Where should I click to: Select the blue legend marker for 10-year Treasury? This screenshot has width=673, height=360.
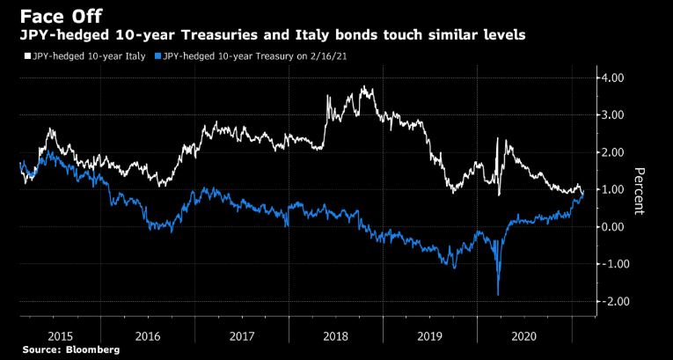(157, 57)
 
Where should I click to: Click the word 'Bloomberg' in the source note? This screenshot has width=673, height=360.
(91, 349)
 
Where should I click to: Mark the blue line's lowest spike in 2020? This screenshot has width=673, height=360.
(499, 294)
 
